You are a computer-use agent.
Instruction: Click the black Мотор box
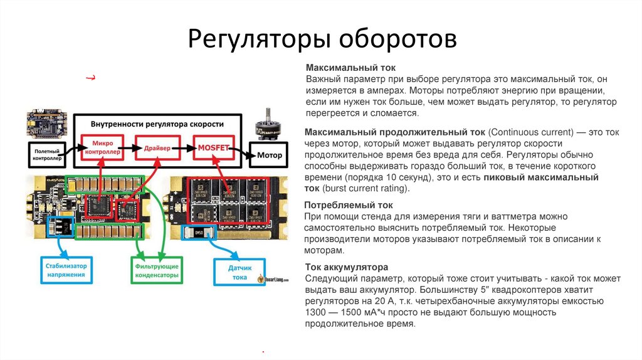(266, 154)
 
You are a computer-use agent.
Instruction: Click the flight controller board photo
(46, 124)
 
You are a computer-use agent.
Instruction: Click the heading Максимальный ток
(351, 68)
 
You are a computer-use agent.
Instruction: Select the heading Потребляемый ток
(349, 205)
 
